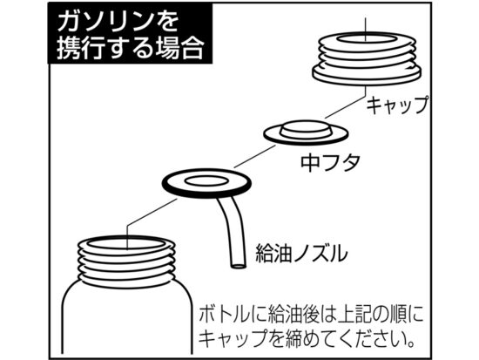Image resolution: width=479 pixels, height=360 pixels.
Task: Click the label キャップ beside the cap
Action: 397,105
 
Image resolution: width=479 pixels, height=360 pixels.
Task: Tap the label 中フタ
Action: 330,162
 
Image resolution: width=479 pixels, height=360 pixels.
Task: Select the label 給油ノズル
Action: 301,254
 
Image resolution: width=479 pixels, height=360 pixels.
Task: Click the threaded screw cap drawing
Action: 367,58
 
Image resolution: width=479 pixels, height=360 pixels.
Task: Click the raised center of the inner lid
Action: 306,128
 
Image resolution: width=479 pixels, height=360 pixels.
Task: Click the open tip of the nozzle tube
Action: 238,266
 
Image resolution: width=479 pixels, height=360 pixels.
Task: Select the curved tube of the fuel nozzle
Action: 232,233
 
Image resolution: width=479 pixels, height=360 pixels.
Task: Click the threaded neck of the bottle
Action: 126,262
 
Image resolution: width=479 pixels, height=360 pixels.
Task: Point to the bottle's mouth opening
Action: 126,244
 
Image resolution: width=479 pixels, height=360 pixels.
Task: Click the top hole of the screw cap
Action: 367,41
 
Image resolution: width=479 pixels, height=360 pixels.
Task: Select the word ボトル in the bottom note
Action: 222,315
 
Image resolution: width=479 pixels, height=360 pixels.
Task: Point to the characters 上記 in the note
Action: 355,315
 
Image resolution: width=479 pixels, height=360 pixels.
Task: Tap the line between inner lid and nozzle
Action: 254,156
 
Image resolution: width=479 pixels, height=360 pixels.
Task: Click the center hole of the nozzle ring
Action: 206,180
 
